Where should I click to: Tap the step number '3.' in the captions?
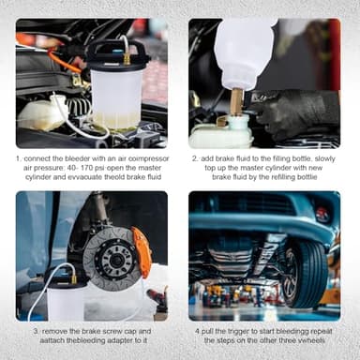36,332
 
